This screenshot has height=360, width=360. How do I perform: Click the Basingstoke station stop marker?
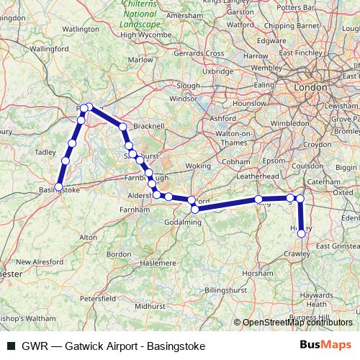[58, 188]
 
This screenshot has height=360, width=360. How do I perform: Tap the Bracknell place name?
[150, 125]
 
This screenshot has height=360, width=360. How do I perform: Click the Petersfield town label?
[98, 297]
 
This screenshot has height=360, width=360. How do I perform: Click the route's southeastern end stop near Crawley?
[301, 233]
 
